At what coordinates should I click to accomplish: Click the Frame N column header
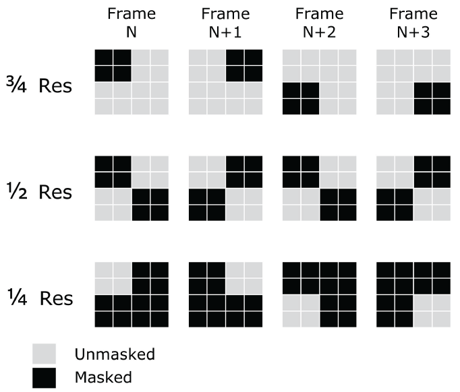click(x=132, y=23)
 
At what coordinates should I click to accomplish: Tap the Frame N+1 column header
click(x=225, y=23)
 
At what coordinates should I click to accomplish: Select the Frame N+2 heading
click(x=320, y=23)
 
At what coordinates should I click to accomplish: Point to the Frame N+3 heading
click(x=413, y=23)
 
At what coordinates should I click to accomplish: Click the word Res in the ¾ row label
click(x=55, y=86)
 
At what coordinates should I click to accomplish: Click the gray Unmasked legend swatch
click(x=44, y=354)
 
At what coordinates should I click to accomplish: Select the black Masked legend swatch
click(x=44, y=378)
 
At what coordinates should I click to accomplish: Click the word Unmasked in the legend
click(x=115, y=354)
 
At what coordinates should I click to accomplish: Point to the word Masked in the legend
click(x=103, y=377)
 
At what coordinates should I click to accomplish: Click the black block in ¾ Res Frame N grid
click(x=113, y=65)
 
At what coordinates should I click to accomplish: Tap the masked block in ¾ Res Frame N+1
click(x=244, y=65)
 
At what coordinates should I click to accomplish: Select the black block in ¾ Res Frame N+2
click(x=301, y=98)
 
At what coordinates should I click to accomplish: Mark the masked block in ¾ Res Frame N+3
click(x=432, y=98)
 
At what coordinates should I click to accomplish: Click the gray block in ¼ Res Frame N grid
click(x=113, y=278)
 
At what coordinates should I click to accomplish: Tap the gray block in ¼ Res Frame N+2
click(x=301, y=311)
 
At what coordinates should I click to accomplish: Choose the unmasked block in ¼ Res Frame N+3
click(x=432, y=311)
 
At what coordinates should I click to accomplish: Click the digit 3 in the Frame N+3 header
click(x=426, y=32)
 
